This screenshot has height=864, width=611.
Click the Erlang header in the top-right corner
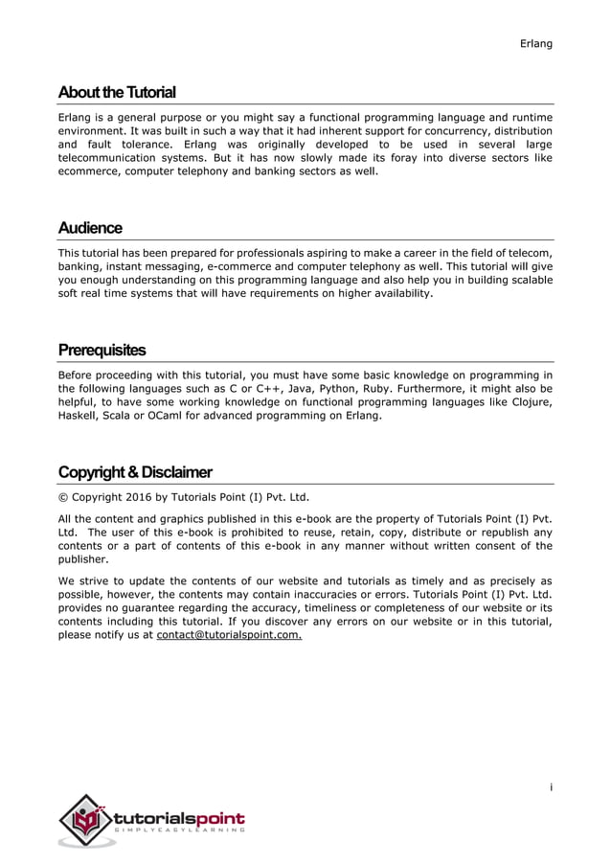point(536,43)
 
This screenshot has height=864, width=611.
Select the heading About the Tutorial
point(117,93)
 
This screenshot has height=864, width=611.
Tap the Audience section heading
point(90,228)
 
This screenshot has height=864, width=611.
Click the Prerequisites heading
point(102,350)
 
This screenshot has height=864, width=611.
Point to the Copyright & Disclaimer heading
point(135,472)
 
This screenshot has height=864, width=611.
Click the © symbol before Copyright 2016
point(63,497)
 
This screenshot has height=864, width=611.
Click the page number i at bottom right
point(551,787)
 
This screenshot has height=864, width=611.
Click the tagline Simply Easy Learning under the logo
point(179,831)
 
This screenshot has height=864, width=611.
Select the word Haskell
point(79,416)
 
